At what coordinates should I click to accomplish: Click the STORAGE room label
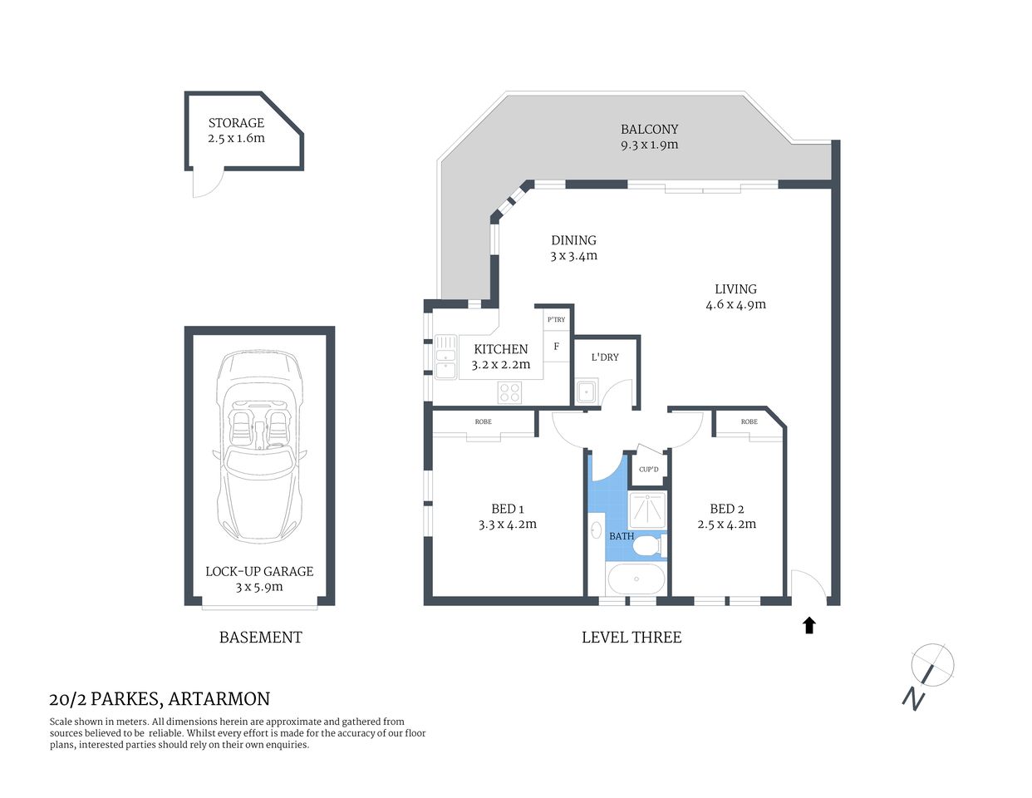pyautogui.click(x=236, y=123)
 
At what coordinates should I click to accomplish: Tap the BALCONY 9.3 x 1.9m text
pyautogui.click(x=649, y=137)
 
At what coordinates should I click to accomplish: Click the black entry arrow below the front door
pyautogui.click(x=809, y=625)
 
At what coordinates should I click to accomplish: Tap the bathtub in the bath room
pyautogui.click(x=636, y=579)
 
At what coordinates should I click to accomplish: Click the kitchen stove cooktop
pyautogui.click(x=509, y=392)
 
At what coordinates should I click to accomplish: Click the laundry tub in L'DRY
pyautogui.click(x=587, y=391)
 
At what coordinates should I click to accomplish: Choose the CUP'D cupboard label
pyautogui.click(x=648, y=470)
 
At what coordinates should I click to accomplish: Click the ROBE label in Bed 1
pyautogui.click(x=483, y=422)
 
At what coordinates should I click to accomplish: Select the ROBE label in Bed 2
pyautogui.click(x=749, y=422)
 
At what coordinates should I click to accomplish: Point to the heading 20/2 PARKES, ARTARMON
pyautogui.click(x=160, y=699)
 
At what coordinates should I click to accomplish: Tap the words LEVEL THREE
pyautogui.click(x=631, y=638)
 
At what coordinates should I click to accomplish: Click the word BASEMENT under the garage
pyautogui.click(x=260, y=638)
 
